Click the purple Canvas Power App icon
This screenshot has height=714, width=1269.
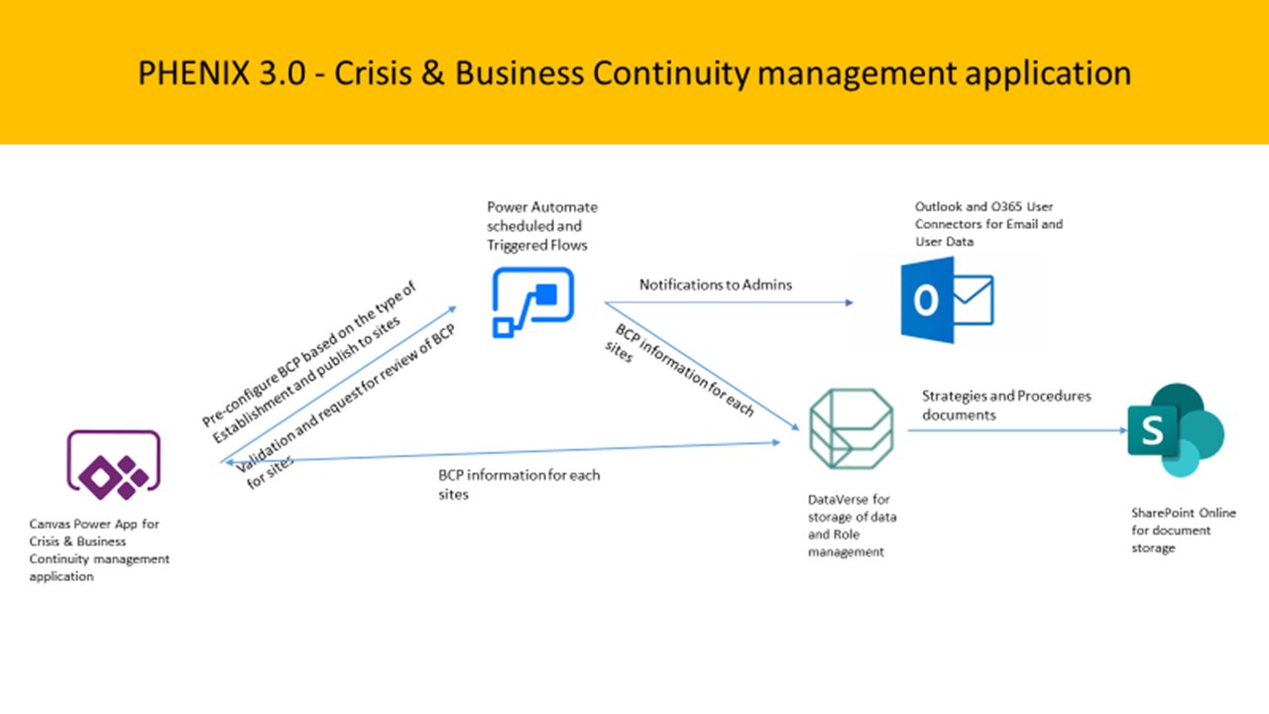112,465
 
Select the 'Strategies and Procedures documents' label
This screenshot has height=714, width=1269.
1006,405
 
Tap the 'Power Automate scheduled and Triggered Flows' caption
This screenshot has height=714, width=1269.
542,226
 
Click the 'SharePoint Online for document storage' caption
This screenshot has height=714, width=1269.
1184,531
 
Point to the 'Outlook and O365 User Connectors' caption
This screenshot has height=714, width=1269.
988,224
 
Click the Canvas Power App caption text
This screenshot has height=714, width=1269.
99,549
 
